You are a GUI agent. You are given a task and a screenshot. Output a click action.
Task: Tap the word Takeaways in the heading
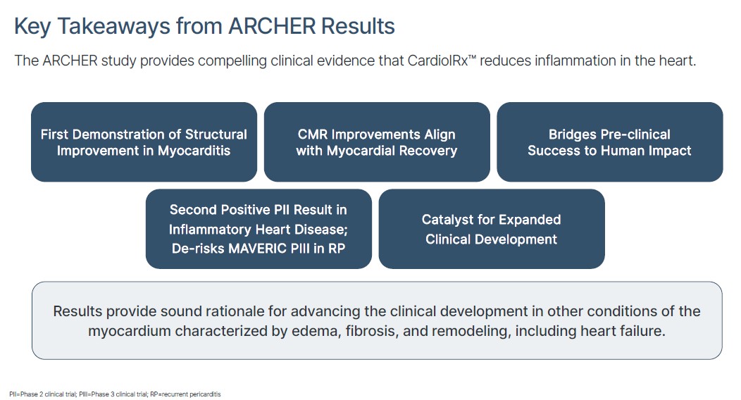[113, 27]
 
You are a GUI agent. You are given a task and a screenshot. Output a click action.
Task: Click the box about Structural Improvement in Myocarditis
[144, 142]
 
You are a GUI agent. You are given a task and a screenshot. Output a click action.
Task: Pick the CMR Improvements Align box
[377, 142]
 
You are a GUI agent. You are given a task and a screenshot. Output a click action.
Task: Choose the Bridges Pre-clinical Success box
[609, 142]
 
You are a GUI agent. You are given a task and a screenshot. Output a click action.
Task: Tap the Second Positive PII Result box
[259, 229]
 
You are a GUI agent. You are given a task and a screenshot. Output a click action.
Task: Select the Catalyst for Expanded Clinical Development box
[492, 229]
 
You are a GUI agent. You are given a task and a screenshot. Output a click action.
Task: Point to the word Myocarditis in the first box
[194, 151]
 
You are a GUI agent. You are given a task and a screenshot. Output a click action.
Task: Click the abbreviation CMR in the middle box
[312, 135]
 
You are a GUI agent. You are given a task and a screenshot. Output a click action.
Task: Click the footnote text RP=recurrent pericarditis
[185, 394]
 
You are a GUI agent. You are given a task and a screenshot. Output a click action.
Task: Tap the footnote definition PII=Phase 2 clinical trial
[42, 394]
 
